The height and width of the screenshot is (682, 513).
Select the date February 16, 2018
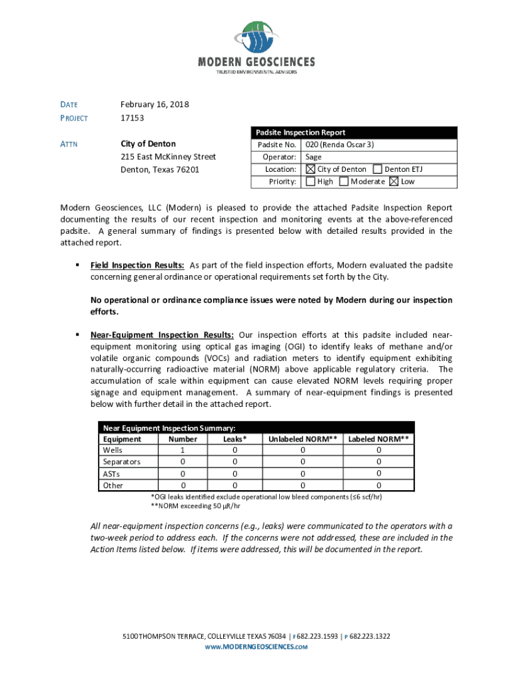[155, 105]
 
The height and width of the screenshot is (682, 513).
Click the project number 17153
[132, 118]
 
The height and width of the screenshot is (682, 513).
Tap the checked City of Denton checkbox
[310, 169]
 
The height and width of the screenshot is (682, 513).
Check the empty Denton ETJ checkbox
[378, 169]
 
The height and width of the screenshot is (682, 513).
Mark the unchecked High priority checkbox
[310, 181]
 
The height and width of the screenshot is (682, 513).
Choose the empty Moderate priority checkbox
[344, 181]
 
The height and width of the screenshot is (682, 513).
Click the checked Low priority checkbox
[394, 181]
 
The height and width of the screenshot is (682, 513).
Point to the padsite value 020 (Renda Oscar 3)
[340, 145]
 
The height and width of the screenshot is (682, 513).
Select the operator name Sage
[314, 157]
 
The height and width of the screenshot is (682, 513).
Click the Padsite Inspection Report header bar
[354, 133]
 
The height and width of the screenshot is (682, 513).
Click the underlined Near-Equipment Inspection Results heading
[162, 334]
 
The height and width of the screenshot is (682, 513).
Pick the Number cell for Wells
[183, 450]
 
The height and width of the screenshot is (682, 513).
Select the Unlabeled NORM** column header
[302, 439]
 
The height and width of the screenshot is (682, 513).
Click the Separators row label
[121, 462]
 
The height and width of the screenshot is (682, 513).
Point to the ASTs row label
[111, 474]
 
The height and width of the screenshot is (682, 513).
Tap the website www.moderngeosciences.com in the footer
[256, 647]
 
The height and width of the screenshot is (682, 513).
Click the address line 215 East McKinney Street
[168, 157]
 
